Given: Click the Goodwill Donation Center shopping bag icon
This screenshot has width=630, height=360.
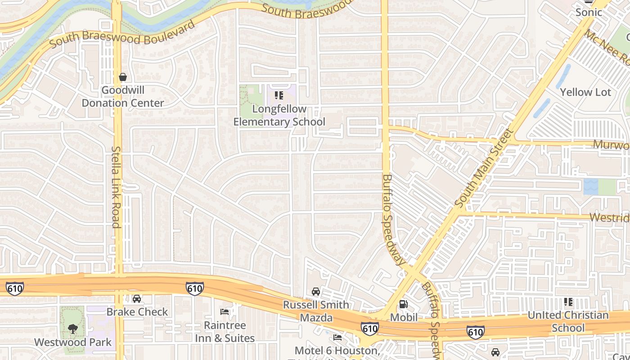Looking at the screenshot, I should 123,77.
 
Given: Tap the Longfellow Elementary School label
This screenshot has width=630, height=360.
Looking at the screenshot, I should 279,115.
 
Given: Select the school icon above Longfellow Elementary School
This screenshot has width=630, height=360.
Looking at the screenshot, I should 279,95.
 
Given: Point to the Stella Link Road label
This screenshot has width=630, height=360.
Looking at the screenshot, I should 117,187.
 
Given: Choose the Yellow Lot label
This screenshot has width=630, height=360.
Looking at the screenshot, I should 585,92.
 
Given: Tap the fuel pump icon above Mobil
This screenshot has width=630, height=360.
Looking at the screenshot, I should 404,304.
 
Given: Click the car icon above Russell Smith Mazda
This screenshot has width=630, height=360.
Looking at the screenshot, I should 316,292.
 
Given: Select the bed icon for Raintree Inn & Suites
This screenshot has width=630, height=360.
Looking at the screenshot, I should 225,312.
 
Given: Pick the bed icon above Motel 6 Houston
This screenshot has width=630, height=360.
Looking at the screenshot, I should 337,337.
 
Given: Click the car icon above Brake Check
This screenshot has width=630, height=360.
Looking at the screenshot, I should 137,299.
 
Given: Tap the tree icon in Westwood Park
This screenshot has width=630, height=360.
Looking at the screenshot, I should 72,329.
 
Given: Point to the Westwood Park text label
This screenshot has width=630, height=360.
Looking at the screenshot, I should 73,342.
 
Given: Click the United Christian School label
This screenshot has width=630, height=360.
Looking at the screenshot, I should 568,321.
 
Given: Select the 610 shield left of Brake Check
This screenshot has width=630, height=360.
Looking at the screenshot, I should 14,288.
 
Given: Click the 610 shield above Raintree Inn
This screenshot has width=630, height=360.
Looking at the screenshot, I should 194,288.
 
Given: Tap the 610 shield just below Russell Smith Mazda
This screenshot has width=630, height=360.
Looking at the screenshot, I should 369,329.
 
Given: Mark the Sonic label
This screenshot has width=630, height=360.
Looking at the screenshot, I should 589,12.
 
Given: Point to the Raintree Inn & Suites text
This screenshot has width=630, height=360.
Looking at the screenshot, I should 225,332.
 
